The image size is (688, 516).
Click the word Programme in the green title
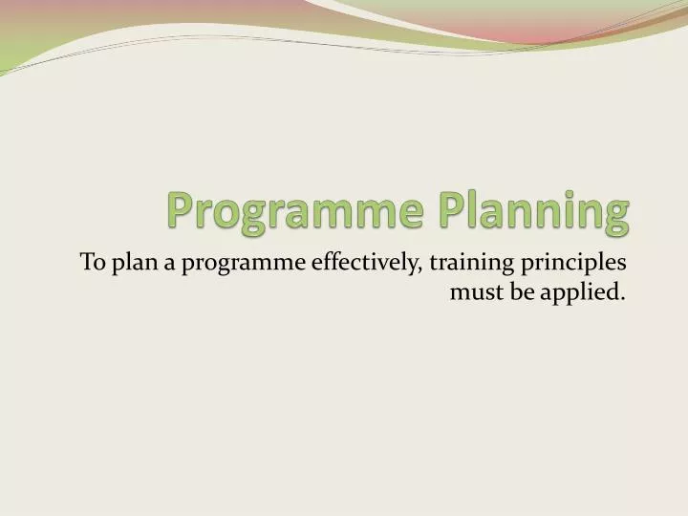(x=292, y=209)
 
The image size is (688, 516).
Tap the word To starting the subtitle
(x=92, y=261)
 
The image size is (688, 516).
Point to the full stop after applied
(x=623, y=298)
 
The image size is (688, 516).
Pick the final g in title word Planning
(x=617, y=214)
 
